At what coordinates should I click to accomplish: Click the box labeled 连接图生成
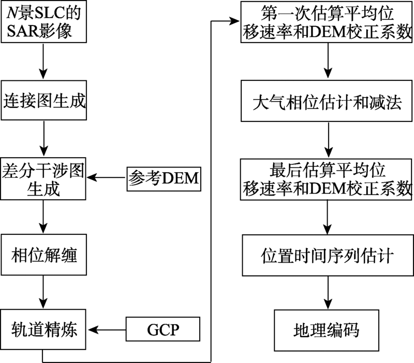(x=44, y=101)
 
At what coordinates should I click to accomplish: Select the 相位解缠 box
(x=44, y=255)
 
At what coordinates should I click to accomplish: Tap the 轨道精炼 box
(x=43, y=329)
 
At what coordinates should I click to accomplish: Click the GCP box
(x=163, y=329)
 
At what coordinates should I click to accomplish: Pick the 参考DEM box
(x=164, y=179)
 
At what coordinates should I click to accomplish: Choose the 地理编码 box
(x=327, y=330)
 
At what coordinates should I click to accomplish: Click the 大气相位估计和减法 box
(x=327, y=101)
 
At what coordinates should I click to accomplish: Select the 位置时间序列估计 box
(x=328, y=255)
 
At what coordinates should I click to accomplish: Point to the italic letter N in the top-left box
(x=12, y=12)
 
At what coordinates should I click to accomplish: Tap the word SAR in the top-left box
(x=19, y=31)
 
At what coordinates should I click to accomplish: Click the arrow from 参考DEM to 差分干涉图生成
(x=107, y=177)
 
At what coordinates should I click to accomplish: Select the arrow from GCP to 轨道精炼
(x=107, y=330)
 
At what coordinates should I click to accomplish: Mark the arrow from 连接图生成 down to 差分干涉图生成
(x=44, y=138)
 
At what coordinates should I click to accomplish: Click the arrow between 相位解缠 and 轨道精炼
(x=43, y=292)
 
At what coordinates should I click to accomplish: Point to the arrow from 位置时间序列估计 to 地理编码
(x=328, y=293)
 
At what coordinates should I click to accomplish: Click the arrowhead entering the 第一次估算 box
(x=234, y=21)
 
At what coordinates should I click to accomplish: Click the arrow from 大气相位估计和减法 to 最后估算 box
(x=329, y=140)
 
